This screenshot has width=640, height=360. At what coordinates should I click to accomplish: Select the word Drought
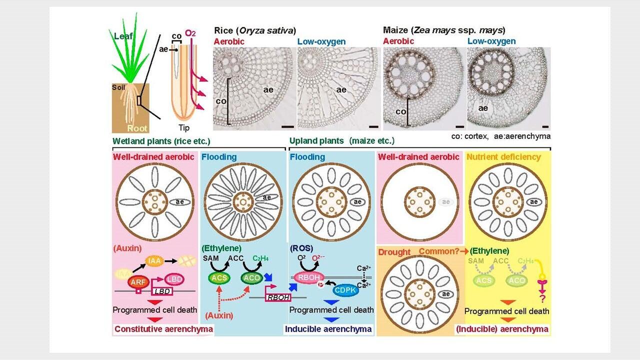point(394,252)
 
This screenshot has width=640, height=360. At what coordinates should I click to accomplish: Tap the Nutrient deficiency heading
point(504,157)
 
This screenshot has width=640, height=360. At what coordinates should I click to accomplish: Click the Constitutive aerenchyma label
point(164,329)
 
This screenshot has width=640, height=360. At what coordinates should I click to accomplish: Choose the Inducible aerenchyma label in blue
point(328,329)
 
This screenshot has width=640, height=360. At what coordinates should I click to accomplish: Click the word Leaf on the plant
point(123,36)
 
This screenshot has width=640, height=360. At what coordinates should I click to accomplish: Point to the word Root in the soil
point(137,128)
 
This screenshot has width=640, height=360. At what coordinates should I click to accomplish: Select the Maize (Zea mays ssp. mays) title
point(443,30)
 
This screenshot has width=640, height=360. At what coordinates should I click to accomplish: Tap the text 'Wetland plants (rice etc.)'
point(161,141)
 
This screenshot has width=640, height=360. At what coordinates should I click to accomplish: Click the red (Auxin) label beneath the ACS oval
point(219,315)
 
